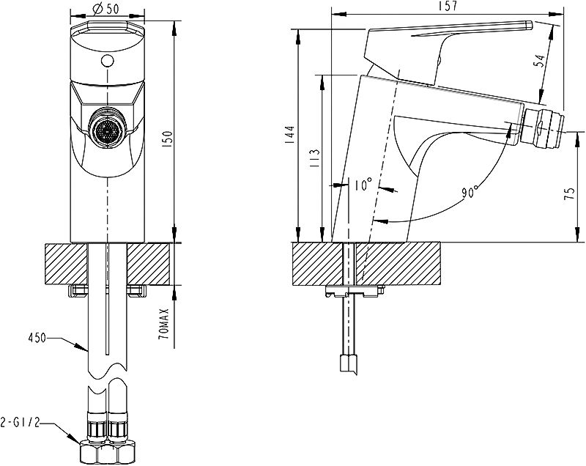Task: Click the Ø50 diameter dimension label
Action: (105, 8)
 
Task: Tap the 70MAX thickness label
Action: (164, 324)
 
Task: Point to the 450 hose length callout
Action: (37, 339)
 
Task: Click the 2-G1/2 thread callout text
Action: (20, 423)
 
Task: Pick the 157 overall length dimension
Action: (447, 6)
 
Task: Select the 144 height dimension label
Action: (290, 134)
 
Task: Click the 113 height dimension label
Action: (315, 158)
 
